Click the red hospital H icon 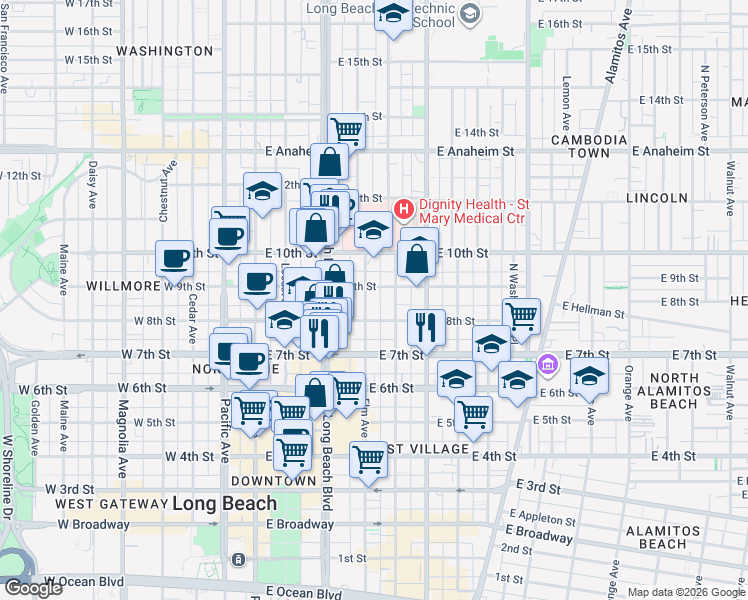click(404, 209)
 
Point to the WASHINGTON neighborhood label click(164, 50)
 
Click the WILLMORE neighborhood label click(123, 285)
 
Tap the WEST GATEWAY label click(110, 504)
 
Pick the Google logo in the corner click(32, 588)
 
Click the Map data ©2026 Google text click(685, 592)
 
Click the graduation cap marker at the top click(393, 16)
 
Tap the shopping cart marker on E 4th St click(368, 460)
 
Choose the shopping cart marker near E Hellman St click(521, 316)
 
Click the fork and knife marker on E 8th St click(426, 326)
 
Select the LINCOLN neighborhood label click(656, 198)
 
